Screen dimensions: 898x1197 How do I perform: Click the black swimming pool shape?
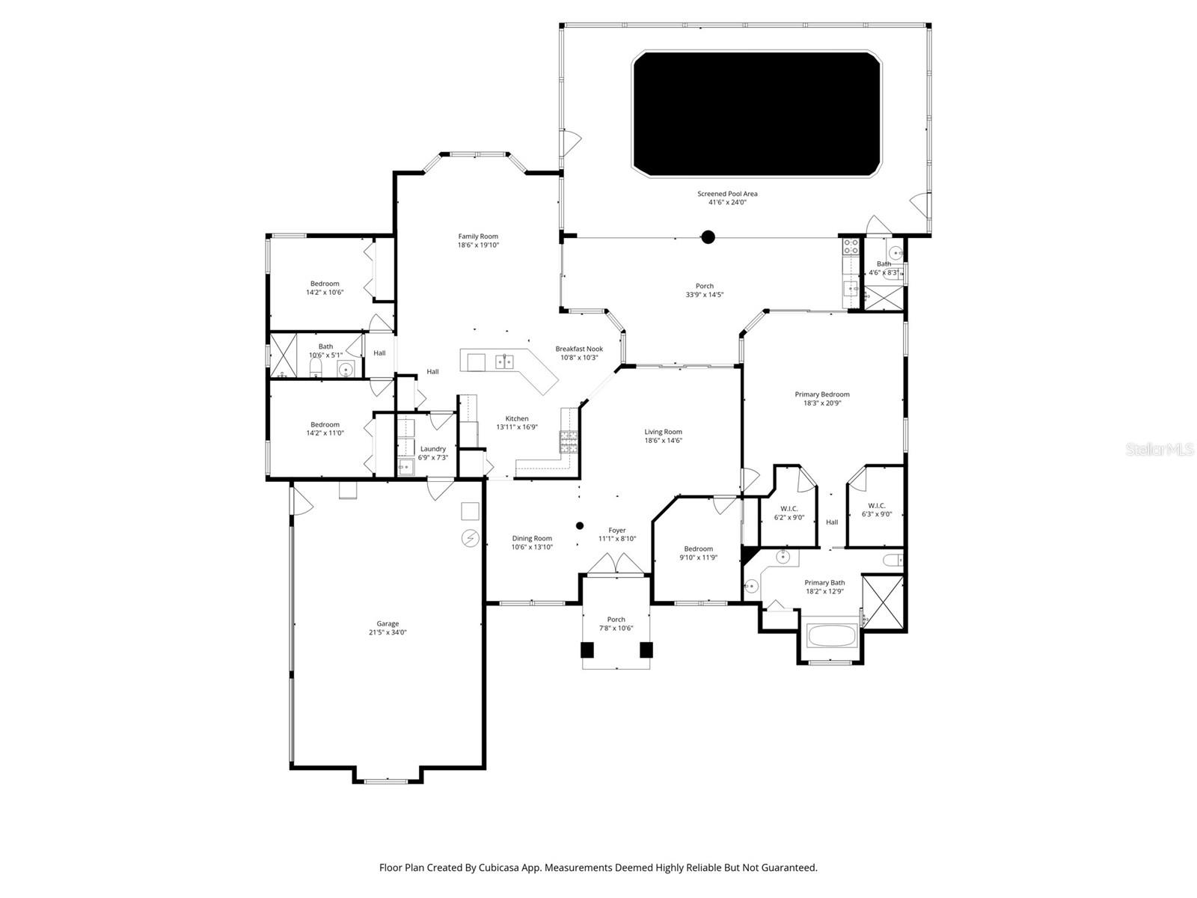756,114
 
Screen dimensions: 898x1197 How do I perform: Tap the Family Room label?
478,236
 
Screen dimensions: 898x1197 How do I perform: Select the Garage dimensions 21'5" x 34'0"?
388,632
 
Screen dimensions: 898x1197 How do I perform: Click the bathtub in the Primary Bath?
832,636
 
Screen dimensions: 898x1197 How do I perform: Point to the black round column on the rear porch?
708,238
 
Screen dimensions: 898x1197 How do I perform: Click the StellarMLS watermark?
1160,449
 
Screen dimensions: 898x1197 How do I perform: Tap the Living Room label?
663,432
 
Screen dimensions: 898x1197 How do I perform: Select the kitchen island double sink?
504,362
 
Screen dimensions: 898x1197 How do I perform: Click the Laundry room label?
432,449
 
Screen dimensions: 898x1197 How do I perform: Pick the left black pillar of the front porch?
587,650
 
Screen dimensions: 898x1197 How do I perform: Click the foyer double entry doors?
616,565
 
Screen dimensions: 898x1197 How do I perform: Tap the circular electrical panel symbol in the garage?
470,538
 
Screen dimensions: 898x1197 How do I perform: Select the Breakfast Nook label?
578,349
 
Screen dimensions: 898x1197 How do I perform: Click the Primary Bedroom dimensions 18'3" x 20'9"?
821,403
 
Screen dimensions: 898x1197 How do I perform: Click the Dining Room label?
532,538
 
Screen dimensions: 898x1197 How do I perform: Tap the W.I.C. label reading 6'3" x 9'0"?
876,514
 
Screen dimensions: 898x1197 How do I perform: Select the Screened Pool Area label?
727,194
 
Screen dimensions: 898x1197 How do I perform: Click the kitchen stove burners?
569,442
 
